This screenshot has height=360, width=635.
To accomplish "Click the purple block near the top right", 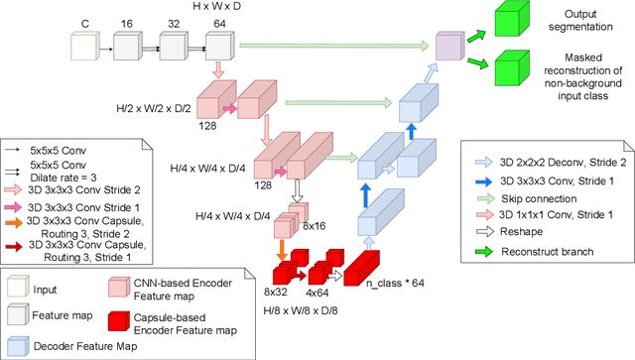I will [449, 45].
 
